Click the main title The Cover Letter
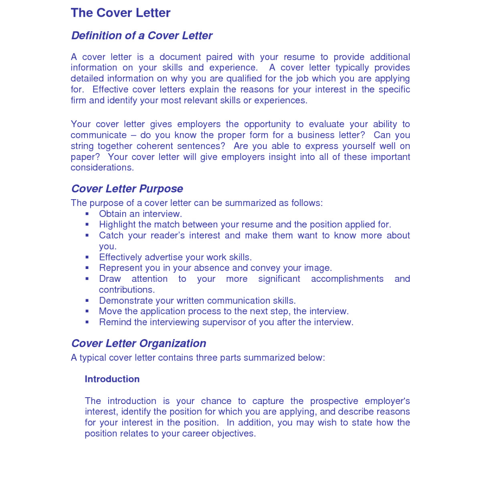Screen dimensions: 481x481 pos(121,13)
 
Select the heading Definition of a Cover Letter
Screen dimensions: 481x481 pos(141,36)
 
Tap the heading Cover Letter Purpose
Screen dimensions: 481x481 pos(127,189)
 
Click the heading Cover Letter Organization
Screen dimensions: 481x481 pos(139,344)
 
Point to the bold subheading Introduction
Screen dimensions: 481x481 pos(112,379)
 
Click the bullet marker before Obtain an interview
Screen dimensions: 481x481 pos(87,214)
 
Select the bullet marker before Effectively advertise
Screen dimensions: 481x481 pos(87,257)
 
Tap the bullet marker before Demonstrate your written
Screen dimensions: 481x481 pos(87,301)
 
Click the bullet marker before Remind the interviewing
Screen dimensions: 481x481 pos(87,322)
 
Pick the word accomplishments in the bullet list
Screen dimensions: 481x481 pos(347,279)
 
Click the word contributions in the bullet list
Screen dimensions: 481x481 pos(126,290)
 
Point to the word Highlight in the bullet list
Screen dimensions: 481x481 pos(117,225)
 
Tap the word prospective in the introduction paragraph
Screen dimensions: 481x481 pos(335,401)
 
